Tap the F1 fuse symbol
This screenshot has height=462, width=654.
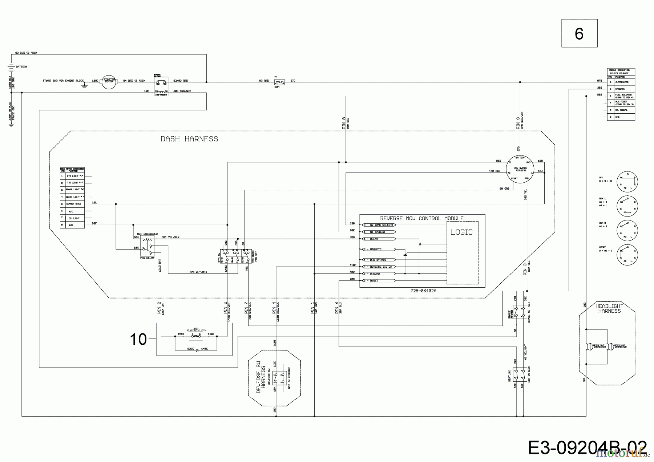pos(279,82)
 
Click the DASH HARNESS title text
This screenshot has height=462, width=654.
pos(189,139)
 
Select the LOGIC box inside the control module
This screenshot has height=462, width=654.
pos(461,232)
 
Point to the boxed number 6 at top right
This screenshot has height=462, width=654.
pos(579,33)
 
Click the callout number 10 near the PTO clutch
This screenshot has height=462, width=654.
pos(138,339)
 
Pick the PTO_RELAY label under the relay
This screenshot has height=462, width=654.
pos(147,258)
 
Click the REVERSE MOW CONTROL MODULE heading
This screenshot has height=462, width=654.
pos(421,218)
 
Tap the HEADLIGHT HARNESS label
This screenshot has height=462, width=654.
pos(609,308)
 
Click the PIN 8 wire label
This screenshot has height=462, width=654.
pos(344,123)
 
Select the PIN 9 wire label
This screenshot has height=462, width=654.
pos(518,123)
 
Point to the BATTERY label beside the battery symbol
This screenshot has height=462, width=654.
pos(21,67)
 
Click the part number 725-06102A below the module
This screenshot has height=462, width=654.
pos(423,291)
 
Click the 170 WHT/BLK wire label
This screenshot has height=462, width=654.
pos(198,272)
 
